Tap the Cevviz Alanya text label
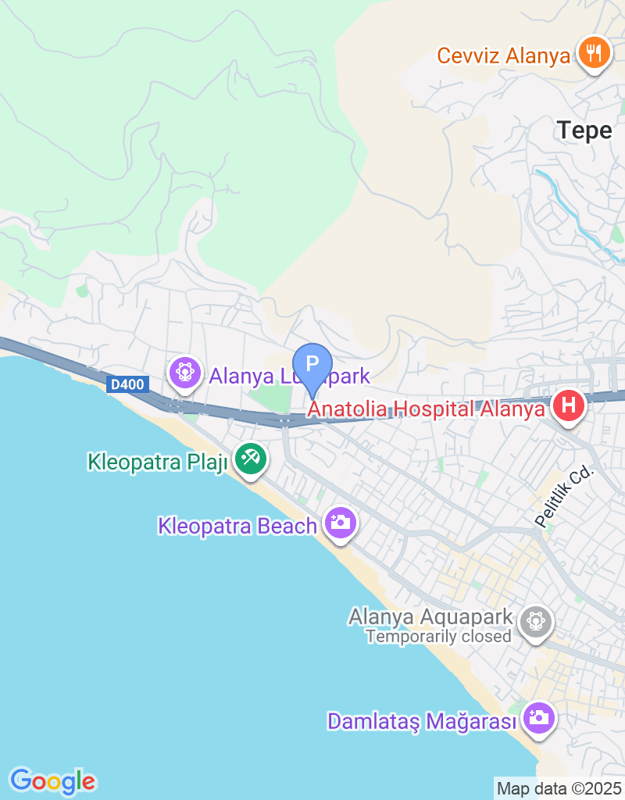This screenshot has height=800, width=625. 503,56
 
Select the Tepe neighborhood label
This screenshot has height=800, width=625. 584,130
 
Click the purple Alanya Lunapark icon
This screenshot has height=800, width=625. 186,374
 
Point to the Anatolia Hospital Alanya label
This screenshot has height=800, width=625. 426,409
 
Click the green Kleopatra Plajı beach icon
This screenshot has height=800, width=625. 250,459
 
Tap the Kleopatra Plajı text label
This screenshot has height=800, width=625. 157,462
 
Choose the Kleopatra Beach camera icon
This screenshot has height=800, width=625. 340,523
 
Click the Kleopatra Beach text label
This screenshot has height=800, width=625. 237,526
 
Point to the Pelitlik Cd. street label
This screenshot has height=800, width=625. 565,496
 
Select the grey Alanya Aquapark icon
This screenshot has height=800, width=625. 535,622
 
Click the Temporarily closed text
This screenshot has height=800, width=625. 438,636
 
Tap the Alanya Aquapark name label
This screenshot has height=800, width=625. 430,617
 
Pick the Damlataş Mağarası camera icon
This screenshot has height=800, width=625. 538,717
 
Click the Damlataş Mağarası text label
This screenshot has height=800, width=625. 422,720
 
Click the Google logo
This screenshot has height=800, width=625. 52,780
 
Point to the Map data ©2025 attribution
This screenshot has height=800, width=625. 559,788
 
